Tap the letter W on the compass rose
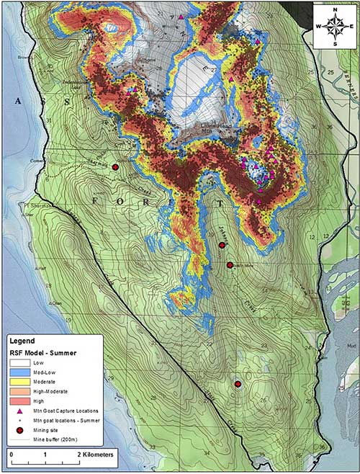point(318,25)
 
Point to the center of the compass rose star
point(334,25)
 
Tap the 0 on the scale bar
point(12,455)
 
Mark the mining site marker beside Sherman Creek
point(115,167)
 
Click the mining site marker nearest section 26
point(238,385)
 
